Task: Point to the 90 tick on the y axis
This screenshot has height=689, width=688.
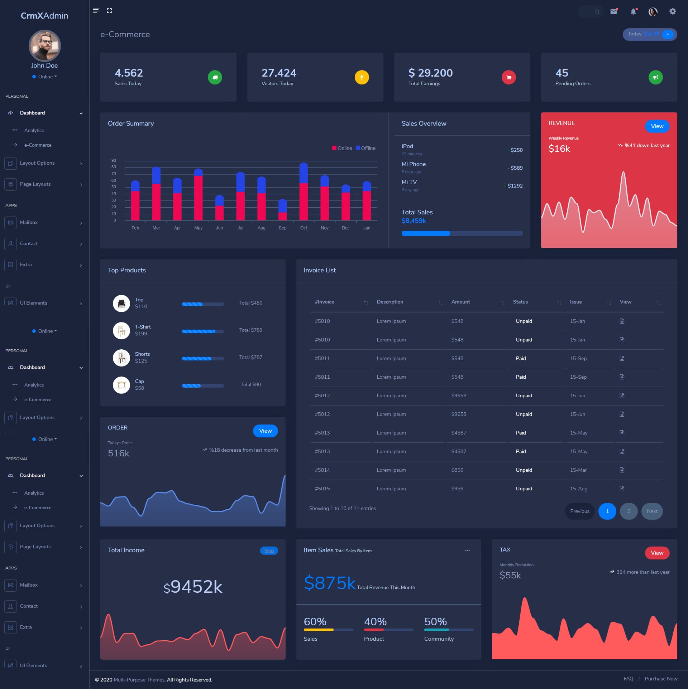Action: tap(114, 160)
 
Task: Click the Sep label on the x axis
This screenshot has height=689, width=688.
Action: tap(282, 228)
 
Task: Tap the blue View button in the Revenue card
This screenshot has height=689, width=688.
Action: tap(657, 126)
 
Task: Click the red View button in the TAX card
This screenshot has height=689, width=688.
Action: tap(657, 553)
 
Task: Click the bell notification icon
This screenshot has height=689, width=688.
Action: tap(633, 11)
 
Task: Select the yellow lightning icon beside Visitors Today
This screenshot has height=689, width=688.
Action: tap(362, 77)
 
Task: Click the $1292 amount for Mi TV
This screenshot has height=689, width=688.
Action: tap(515, 186)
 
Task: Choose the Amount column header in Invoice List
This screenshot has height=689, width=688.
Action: tap(460, 302)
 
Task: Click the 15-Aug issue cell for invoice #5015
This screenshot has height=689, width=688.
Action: tap(578, 489)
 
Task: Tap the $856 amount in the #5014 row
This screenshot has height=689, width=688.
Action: tap(457, 470)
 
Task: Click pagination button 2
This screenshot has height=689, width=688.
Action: tap(629, 511)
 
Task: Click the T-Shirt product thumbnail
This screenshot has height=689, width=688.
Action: tap(121, 330)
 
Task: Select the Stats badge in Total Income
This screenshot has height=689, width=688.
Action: tap(269, 551)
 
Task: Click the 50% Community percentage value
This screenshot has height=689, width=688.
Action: tap(435, 622)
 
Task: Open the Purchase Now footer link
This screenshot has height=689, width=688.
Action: tap(661, 679)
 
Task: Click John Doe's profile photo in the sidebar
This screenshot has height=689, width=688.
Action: tap(44, 46)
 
